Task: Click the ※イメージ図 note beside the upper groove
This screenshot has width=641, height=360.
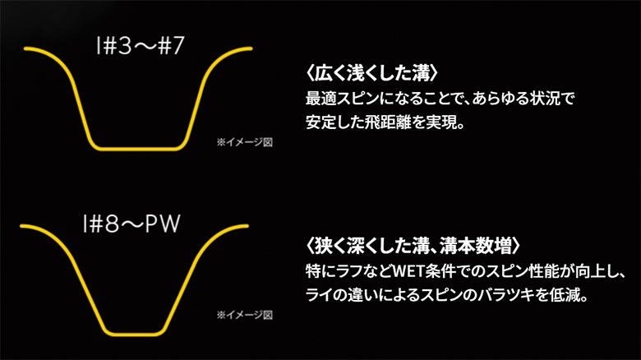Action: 243,142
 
